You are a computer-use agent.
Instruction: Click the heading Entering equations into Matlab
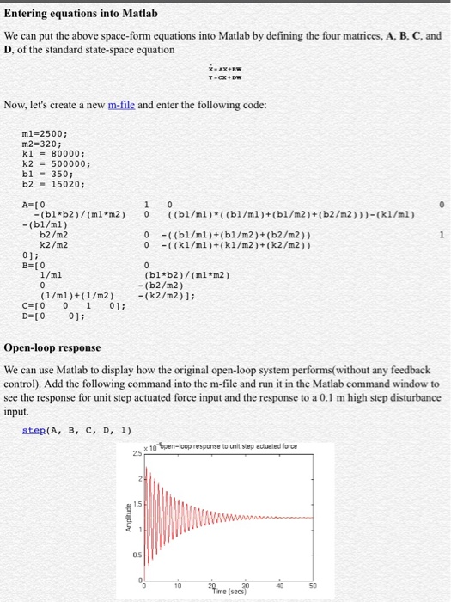point(82,14)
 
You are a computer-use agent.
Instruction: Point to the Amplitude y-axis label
point(125,517)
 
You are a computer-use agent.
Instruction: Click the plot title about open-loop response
point(230,446)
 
